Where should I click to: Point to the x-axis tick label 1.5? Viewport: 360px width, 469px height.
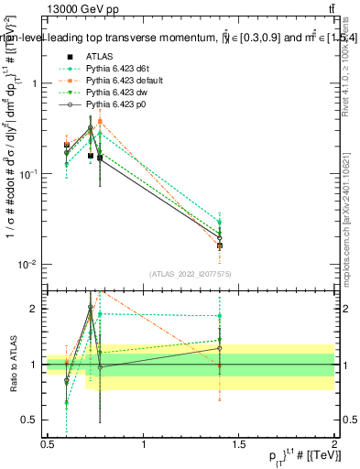point(239,444)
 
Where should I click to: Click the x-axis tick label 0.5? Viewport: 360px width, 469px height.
point(48,444)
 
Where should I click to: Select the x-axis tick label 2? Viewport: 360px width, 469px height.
point(334,444)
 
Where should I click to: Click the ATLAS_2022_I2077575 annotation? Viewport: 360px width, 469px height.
point(190,274)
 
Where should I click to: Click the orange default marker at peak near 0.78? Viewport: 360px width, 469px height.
point(100,121)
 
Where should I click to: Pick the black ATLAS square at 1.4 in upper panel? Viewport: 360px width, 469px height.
point(219,245)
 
